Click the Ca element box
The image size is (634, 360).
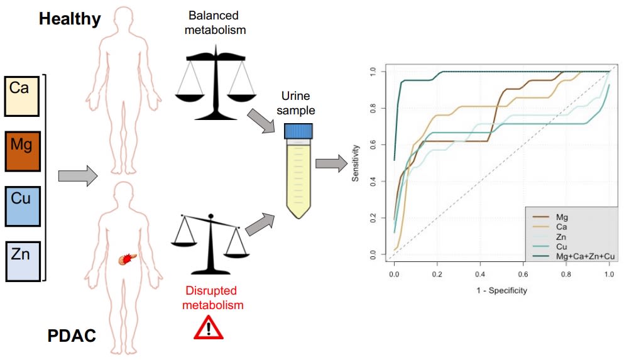click(22, 96)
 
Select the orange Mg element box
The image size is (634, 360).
click(22, 151)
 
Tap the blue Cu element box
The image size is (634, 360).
click(22, 205)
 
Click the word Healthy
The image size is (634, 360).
click(70, 19)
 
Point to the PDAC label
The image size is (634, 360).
click(72, 337)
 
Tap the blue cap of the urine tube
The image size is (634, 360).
click(298, 131)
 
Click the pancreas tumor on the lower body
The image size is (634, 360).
click(127, 258)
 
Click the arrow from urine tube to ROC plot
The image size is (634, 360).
click(331, 164)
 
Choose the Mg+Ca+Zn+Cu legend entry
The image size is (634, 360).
click(581, 257)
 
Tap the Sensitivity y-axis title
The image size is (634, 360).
click(356, 163)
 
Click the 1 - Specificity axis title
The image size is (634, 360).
click(501, 290)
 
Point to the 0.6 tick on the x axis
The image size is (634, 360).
click(523, 275)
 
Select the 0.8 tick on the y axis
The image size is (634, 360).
click(373, 108)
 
